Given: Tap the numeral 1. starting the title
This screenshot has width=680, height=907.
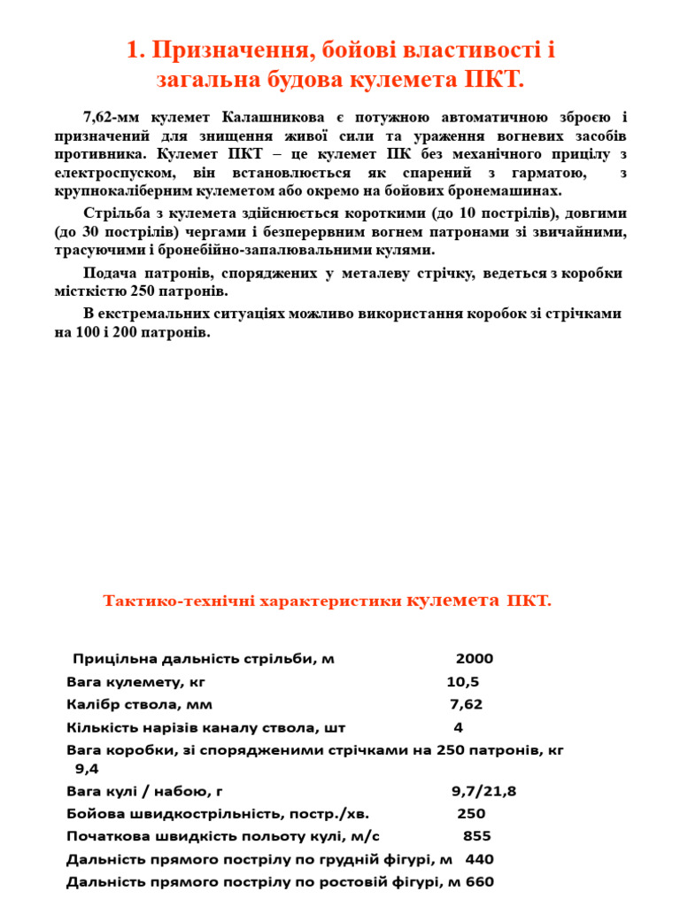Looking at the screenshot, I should (x=136, y=50).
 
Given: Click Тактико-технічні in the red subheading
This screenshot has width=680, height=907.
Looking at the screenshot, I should (x=176, y=601).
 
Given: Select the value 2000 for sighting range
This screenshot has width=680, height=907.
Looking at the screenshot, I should (x=475, y=658).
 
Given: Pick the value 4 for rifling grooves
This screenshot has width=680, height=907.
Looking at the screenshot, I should (x=459, y=727).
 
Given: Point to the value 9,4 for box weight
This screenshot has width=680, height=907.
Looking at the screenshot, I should (x=87, y=769).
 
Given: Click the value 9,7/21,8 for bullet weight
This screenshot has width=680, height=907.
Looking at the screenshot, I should (x=483, y=791).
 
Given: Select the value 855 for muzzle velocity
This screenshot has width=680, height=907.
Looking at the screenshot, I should (x=477, y=836).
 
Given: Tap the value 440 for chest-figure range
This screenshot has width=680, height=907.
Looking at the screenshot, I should (x=480, y=859).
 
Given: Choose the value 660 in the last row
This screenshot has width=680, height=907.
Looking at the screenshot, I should (x=479, y=882).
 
